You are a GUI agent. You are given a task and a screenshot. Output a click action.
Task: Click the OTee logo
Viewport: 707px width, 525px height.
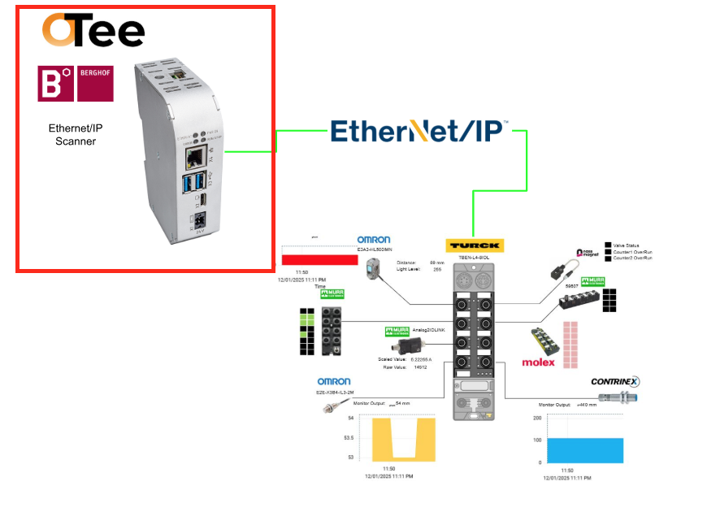93,31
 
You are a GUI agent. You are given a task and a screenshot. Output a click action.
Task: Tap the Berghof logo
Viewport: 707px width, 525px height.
76,84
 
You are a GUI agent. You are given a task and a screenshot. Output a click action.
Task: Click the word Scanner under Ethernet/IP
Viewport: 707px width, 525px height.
72,141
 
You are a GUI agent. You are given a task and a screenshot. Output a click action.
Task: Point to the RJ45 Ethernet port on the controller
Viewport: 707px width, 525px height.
196,156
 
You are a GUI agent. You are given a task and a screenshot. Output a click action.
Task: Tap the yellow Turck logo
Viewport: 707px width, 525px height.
474,245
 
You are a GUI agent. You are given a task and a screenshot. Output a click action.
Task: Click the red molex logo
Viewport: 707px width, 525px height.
538,362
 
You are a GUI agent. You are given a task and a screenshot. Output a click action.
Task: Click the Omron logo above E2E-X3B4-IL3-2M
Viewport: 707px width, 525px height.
333,381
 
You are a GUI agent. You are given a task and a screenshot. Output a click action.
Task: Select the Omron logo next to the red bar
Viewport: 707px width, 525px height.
375,239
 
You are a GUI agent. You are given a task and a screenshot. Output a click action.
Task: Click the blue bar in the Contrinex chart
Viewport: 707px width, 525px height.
584,450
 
